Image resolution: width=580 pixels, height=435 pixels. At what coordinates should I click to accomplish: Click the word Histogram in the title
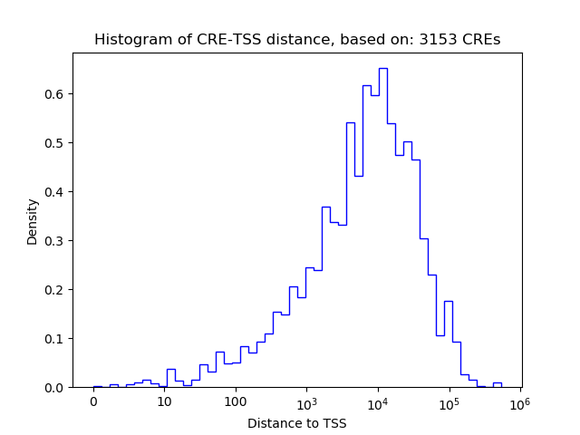click(x=128, y=40)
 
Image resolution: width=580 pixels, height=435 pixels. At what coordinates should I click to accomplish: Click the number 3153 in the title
click(x=440, y=40)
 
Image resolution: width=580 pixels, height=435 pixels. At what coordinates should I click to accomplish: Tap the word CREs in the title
click(x=482, y=40)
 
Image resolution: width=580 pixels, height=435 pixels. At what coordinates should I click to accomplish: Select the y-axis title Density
click(x=33, y=221)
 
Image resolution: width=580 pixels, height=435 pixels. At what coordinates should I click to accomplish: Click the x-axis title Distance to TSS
click(x=297, y=422)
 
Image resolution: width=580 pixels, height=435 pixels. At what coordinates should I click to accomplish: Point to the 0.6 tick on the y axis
click(x=55, y=94)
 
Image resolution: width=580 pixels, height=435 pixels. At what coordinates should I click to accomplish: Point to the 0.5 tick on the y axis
click(x=55, y=143)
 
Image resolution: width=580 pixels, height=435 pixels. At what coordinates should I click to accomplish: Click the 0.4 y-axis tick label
click(x=55, y=192)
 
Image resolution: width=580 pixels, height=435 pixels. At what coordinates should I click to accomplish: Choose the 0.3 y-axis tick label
click(x=55, y=241)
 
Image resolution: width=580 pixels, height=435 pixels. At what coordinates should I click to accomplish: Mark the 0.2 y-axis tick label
click(x=55, y=290)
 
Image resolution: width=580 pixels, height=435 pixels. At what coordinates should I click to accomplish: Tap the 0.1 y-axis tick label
click(x=55, y=339)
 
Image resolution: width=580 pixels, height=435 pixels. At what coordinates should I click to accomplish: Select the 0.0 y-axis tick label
click(x=55, y=388)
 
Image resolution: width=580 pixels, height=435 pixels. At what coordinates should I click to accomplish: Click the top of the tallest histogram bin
click(x=382, y=68)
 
